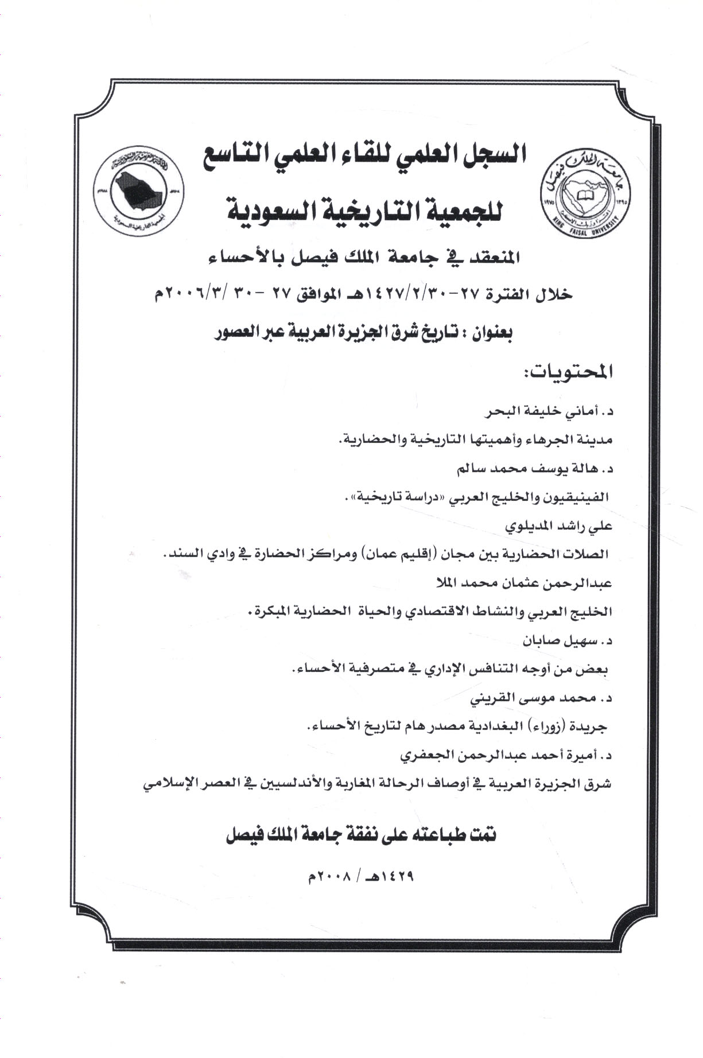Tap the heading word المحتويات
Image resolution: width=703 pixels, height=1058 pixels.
coord(550,373)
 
